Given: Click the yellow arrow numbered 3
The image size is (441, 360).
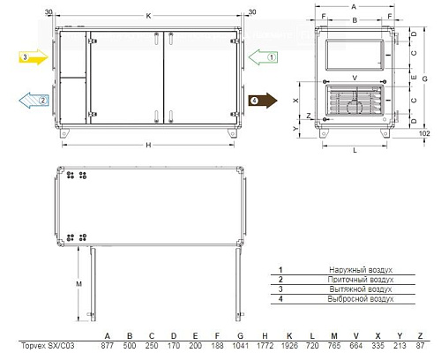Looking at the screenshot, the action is pos(34,57).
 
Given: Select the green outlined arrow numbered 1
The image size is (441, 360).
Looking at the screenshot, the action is pos(263,57).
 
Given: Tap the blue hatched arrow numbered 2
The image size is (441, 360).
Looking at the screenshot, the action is pos(34,101).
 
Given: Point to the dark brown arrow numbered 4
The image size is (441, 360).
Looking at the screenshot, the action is pos(263,101).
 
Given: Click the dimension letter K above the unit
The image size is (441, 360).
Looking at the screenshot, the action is pos(148,16).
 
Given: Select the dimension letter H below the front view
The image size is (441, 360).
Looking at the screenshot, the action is pos(148,145).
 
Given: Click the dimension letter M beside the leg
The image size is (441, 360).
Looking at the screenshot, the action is pos(78,284).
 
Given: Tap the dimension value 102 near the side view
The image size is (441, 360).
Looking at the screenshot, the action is pos(424,133).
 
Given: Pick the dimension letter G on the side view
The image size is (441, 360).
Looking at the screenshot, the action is pos(424,79).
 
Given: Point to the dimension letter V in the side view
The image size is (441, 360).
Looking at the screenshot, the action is pos(355,78).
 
